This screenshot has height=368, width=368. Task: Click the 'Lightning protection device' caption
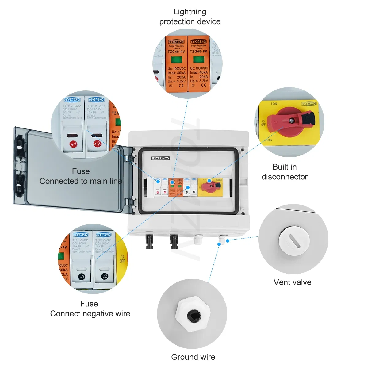[x=190, y=17]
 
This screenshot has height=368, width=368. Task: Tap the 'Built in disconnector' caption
[x=284, y=172]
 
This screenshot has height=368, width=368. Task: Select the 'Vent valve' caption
[x=292, y=282]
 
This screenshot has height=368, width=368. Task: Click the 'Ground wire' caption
[x=193, y=357]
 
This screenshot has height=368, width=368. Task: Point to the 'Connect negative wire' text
[x=90, y=314]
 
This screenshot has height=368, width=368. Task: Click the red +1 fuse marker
[x=73, y=144]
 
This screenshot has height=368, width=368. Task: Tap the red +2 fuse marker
[x=97, y=144]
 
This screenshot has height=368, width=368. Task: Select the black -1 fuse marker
[x=81, y=277]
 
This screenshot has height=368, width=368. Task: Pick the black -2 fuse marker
[x=105, y=276]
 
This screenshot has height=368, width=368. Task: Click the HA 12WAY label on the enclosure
[x=160, y=158]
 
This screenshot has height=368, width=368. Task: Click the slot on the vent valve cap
[x=294, y=241]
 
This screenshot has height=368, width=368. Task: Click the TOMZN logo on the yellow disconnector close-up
[x=309, y=104]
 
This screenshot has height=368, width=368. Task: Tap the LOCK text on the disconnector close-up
[x=268, y=140]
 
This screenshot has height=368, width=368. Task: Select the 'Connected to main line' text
[x=81, y=181]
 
